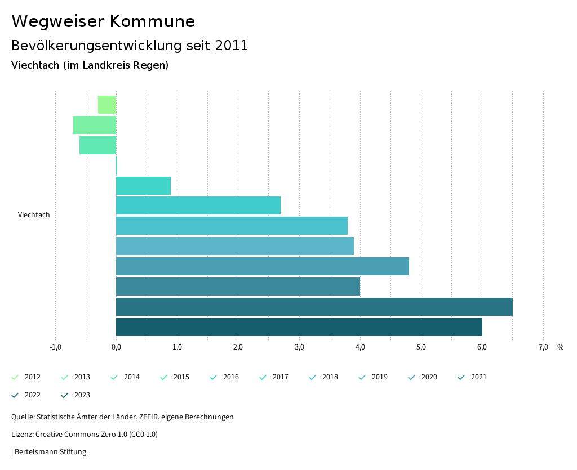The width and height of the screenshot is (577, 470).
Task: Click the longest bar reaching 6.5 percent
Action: click(x=314, y=307)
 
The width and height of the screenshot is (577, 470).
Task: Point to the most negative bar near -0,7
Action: click(x=94, y=125)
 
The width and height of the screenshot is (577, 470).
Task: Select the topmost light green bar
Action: click(x=107, y=105)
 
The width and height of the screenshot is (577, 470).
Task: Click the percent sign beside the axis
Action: click(x=560, y=347)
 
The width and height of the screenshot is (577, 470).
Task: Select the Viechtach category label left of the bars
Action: click(x=34, y=215)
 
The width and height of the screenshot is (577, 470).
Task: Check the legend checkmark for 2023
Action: click(x=64, y=395)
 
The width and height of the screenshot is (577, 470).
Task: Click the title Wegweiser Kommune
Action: click(x=103, y=21)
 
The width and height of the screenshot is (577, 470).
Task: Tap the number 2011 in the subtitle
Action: click(x=232, y=46)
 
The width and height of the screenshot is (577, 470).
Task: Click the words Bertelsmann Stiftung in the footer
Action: click(x=50, y=452)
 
